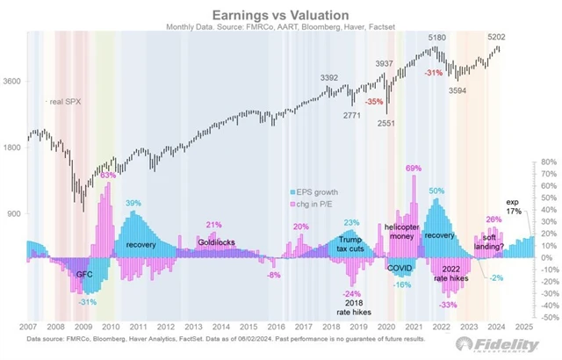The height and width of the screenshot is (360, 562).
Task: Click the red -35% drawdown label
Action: [374, 102]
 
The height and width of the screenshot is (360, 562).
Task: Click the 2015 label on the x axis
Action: [254, 328]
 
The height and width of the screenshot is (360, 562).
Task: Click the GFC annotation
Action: [84, 274]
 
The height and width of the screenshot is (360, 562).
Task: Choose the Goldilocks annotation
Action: [215, 241]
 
